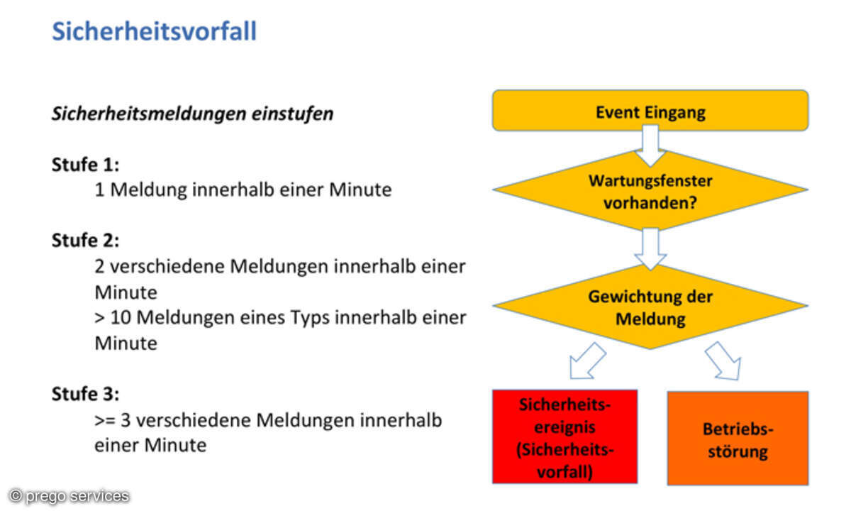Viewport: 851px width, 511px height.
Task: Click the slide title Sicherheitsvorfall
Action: (154, 31)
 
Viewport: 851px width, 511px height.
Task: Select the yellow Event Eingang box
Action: (650, 111)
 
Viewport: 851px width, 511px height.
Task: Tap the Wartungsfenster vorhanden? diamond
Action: (650, 190)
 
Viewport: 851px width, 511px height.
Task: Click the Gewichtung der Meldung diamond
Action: (650, 307)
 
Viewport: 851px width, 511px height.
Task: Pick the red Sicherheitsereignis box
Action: (565, 437)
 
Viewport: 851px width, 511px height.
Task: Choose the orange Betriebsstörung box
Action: (738, 439)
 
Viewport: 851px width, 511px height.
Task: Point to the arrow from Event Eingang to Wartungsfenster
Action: (650, 145)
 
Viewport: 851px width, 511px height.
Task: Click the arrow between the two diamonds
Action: (650, 248)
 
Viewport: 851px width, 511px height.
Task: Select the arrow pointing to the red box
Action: (587, 361)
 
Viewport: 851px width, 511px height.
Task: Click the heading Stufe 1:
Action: (85, 165)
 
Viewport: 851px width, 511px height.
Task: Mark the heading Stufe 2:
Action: (85, 240)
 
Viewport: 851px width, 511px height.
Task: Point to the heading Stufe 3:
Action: (85, 394)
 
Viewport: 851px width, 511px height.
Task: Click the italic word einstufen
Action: (292, 114)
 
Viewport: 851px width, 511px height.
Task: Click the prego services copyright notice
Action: (69, 496)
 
